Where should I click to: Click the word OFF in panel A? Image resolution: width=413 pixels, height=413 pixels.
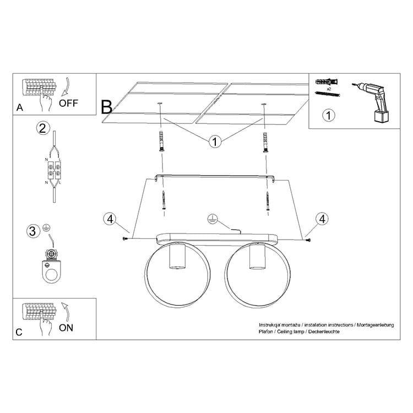click(x=68, y=103)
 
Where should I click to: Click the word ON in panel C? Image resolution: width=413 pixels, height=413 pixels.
click(x=66, y=328)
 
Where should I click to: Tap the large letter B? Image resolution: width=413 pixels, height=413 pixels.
click(x=107, y=107)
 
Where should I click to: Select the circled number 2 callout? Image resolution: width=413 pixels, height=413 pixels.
click(x=43, y=128)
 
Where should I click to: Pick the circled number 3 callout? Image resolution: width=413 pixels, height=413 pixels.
click(x=33, y=231)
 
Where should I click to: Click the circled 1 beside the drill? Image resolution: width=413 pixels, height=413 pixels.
click(x=328, y=116)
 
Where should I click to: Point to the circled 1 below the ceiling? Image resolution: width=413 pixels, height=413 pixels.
click(x=215, y=142)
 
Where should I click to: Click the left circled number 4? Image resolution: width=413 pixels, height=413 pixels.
click(x=110, y=219)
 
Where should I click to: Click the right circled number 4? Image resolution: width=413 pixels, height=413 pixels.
click(x=322, y=219)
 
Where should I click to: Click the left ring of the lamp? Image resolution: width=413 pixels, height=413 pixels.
click(x=178, y=274)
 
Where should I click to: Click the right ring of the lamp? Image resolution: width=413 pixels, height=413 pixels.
click(x=258, y=275)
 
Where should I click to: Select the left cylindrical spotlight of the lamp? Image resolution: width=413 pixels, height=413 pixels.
click(x=177, y=256)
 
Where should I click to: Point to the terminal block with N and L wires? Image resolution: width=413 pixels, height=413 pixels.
click(x=55, y=170)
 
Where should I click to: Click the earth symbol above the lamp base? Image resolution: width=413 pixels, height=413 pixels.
click(x=213, y=219)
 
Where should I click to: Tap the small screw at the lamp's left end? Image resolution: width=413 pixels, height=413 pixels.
click(x=125, y=238)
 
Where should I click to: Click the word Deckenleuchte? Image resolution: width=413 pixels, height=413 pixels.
click(x=324, y=332)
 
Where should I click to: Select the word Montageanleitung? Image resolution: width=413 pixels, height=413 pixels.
click(x=376, y=325)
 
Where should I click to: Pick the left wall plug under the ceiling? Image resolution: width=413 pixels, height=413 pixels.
click(x=162, y=141)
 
